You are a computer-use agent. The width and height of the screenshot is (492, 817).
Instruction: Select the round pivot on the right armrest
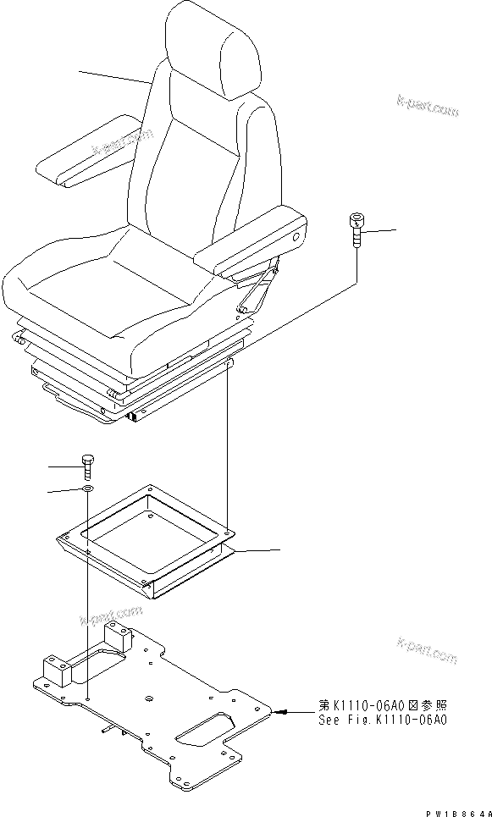(296, 240)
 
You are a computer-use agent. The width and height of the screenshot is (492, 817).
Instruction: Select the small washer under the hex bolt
(88, 489)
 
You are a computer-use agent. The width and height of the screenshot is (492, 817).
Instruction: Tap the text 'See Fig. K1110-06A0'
(382, 720)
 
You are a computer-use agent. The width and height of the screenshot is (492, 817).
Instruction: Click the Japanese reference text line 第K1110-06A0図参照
(382, 705)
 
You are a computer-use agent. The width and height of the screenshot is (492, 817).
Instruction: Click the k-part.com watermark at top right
(427, 106)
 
